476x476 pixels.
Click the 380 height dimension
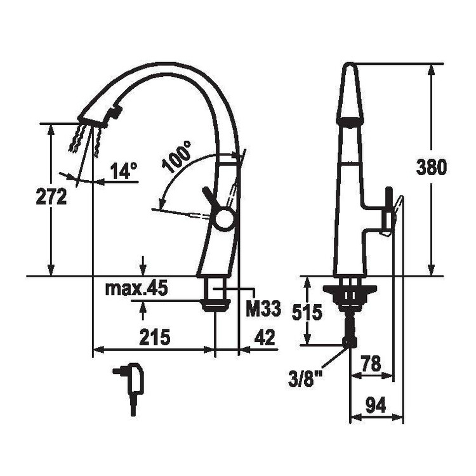[x=431, y=168]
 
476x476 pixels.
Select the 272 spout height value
[x=51, y=196]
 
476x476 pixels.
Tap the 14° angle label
[x=124, y=171]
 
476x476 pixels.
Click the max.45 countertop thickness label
[x=136, y=289]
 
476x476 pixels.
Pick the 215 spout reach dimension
[x=154, y=337]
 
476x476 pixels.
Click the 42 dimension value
[x=264, y=336]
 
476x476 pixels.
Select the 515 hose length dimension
[x=307, y=313]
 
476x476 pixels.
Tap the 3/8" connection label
[x=305, y=378]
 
